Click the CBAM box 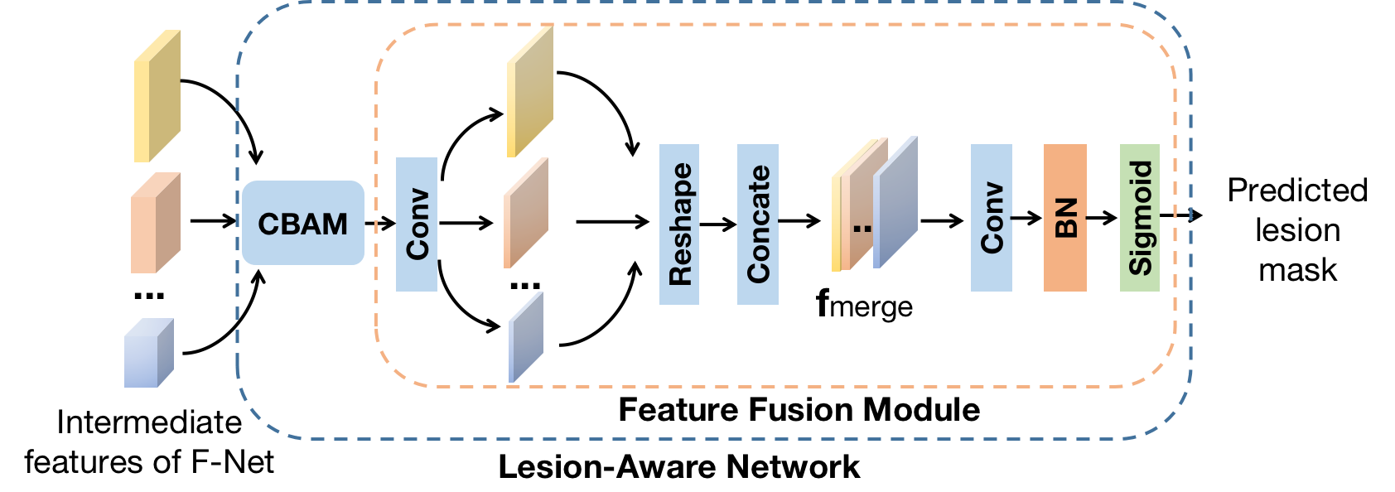[x=302, y=223]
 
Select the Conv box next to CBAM [x=417, y=224]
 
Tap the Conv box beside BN [x=992, y=218]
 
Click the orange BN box [x=1065, y=218]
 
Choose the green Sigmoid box [x=1140, y=218]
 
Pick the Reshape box [x=679, y=224]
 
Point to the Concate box [x=758, y=224]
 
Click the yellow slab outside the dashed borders [x=157, y=96]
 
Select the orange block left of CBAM [x=155, y=223]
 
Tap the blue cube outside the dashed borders [x=148, y=354]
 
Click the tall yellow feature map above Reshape [x=530, y=91]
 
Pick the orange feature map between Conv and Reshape [x=526, y=213]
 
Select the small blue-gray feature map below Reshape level [x=526, y=338]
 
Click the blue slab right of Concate [x=895, y=203]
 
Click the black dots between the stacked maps [x=862, y=228]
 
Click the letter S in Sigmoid [x=1141, y=264]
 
